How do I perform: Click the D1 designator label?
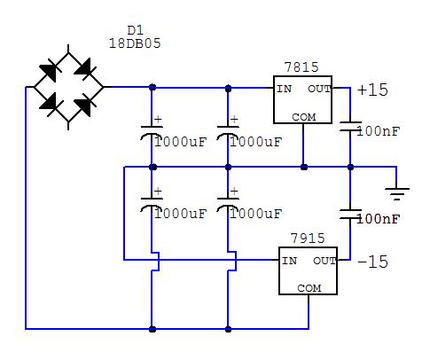tap(135, 30)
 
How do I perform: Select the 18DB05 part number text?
tap(135, 43)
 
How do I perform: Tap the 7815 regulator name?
tap(301, 67)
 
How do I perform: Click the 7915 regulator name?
tap(308, 238)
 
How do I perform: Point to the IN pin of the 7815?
tap(284, 89)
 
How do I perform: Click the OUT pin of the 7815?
tap(319, 89)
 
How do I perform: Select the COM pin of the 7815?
tap(304, 117)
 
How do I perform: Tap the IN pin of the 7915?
tap(289, 261)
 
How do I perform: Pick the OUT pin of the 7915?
tap(324, 261)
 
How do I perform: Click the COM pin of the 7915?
tap(309, 288)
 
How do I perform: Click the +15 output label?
tap(372, 90)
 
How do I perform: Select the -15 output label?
tap(372, 262)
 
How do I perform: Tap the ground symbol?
tap(397, 193)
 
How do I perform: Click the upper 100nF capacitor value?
tap(379, 131)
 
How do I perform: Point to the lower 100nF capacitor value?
tap(379, 219)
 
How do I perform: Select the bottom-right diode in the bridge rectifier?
tap(85, 105)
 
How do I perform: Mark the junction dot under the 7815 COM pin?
tap(304, 168)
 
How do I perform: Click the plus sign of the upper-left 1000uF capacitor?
tap(158, 120)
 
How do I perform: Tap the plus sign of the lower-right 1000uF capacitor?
tap(234, 192)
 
